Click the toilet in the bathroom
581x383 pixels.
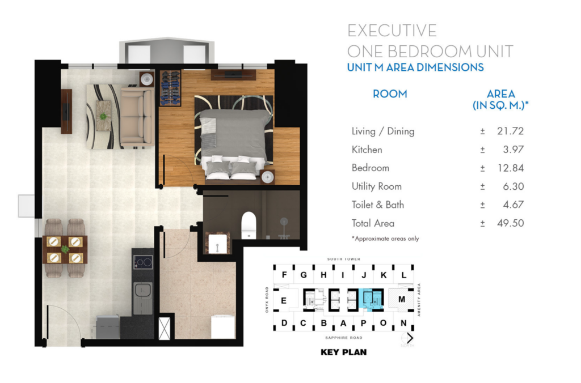[x=249, y=225]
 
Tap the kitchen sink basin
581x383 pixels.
[x=142, y=290]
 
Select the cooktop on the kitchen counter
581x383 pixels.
[x=143, y=262]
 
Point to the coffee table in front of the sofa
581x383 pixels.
[x=103, y=116]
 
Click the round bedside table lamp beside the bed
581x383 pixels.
[x=267, y=177]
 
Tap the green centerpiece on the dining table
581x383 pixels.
[x=65, y=249]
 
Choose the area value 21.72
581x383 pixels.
[x=510, y=131]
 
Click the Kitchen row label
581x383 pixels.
[x=367, y=150]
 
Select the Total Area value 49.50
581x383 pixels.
[x=511, y=223]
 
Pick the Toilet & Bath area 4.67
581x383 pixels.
[x=513, y=205]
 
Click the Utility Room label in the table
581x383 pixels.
[x=377, y=186]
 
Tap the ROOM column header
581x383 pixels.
[x=390, y=94]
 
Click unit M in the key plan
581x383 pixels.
[x=402, y=299]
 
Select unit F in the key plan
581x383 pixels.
[x=284, y=275]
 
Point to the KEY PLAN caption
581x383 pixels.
[x=343, y=352]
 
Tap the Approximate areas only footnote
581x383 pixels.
[x=385, y=239]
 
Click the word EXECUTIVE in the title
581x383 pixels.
[x=392, y=31]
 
